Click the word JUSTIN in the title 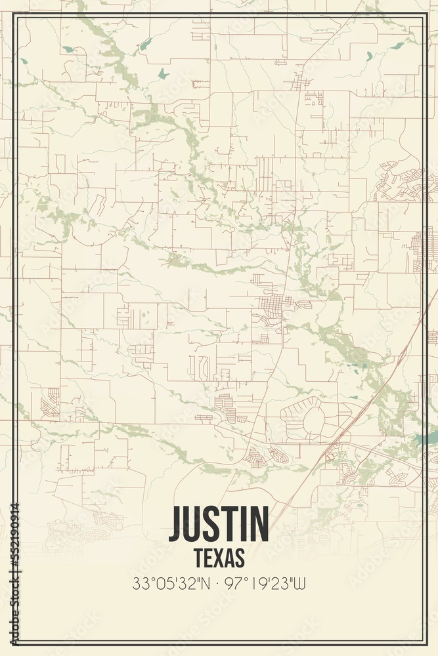pyautogui.click(x=219, y=523)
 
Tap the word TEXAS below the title pyautogui.click(x=219, y=557)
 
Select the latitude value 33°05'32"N pyautogui.click(x=171, y=583)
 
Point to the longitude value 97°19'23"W pyautogui.click(x=266, y=583)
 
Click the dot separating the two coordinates pyautogui.click(x=219, y=583)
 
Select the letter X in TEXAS pyautogui.click(x=219, y=557)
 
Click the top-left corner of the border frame pyautogui.click(x=15, y=16)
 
